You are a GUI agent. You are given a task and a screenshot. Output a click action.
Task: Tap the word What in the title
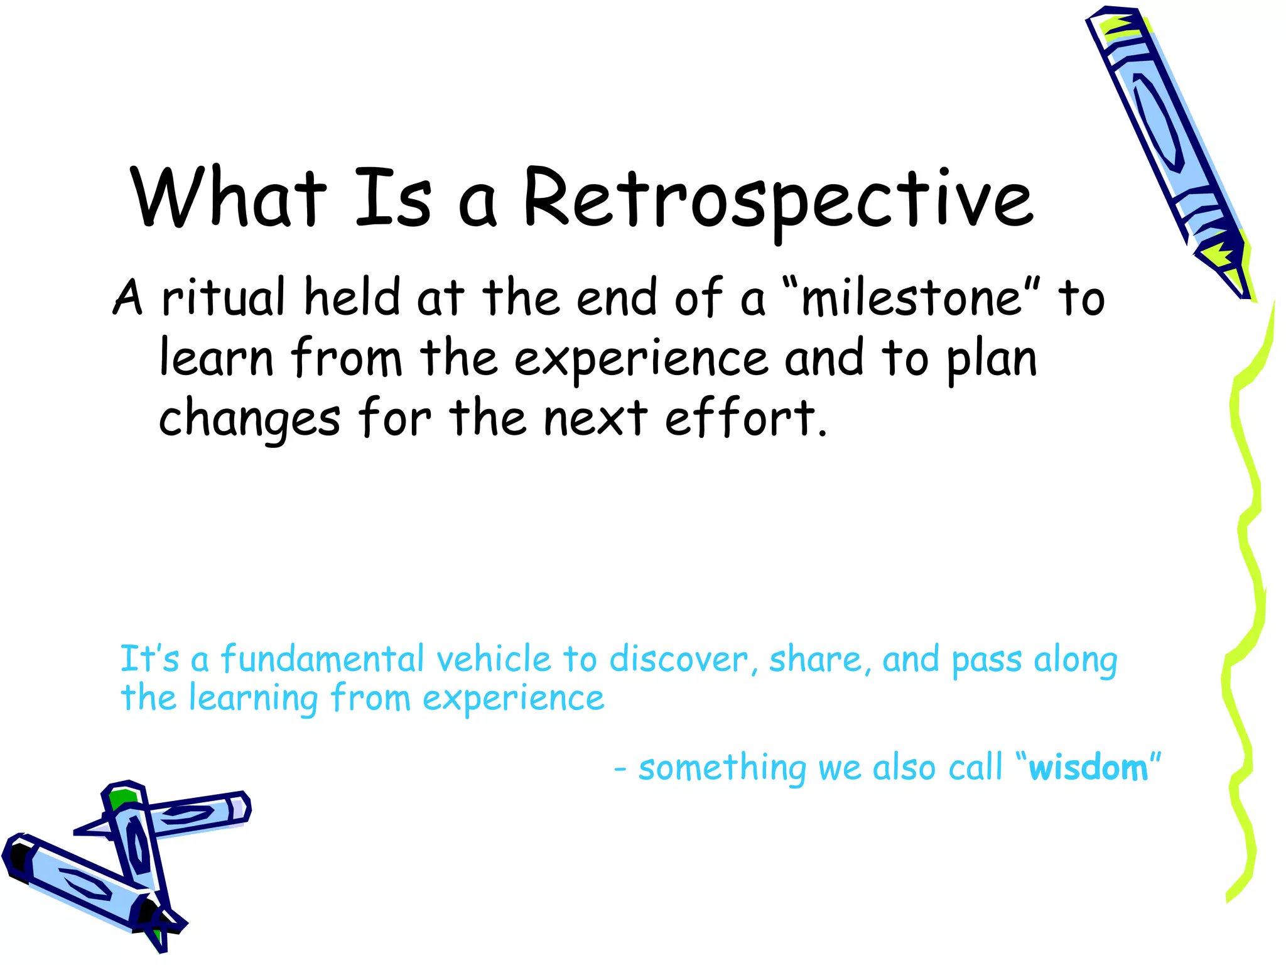[229, 198]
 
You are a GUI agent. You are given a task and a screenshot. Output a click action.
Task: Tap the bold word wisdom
[1088, 768]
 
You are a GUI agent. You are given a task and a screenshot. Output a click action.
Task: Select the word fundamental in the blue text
[323, 660]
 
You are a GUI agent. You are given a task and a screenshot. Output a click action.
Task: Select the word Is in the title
[393, 198]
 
